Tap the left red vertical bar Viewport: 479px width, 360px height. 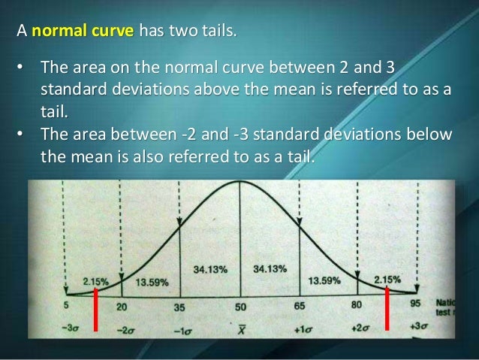97,309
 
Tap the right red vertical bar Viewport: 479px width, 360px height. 387,309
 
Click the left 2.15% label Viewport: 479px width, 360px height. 95,281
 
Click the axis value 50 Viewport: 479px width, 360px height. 239,307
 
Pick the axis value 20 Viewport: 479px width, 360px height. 122,307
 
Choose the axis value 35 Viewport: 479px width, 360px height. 180,307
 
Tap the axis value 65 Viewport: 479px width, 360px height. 300,307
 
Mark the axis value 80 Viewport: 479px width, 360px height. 357,306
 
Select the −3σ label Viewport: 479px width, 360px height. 65,328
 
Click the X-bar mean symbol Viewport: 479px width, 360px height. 239,328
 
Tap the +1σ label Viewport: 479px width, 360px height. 300,328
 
